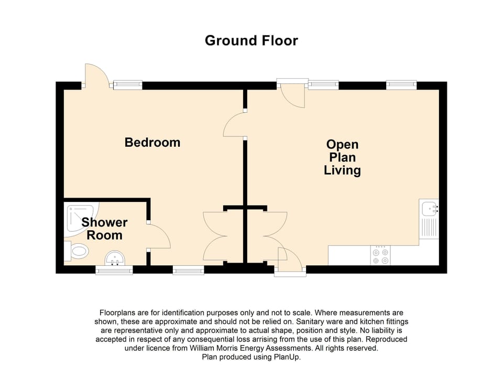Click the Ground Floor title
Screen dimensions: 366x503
point(251,40)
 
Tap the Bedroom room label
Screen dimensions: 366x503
point(152,142)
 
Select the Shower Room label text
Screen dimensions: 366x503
point(104,229)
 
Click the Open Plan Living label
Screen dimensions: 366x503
point(342,157)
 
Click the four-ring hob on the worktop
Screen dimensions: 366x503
point(380,255)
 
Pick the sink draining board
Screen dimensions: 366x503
point(429,228)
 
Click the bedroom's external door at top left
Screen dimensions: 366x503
point(96,76)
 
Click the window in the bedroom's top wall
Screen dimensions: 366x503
point(128,84)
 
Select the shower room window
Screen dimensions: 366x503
point(114,270)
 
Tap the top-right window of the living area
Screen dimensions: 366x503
point(401,84)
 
